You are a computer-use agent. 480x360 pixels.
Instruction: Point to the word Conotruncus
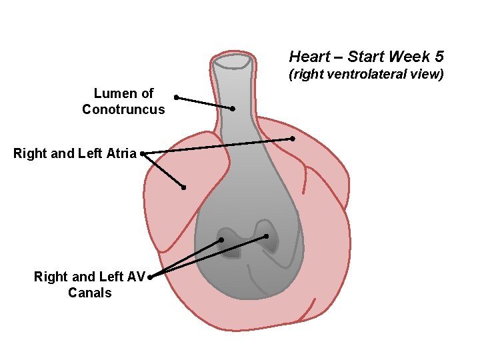point(123,109)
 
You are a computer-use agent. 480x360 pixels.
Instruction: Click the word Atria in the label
point(121,153)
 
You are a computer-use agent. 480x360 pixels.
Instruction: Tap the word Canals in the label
point(90,293)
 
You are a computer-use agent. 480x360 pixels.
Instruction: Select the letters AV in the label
point(135,277)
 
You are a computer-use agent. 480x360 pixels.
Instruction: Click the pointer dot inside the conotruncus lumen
point(233,109)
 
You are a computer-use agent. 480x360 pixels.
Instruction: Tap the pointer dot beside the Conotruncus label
point(176,97)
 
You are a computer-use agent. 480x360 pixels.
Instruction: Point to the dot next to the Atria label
point(143,153)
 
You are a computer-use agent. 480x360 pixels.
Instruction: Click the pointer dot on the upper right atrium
point(293,139)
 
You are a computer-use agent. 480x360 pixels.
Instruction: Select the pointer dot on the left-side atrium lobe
point(183,187)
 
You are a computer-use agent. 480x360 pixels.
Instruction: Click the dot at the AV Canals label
point(150,277)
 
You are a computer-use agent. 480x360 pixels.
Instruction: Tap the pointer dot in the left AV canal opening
point(221,240)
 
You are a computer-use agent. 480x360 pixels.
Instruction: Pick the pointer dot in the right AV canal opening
point(266,236)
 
